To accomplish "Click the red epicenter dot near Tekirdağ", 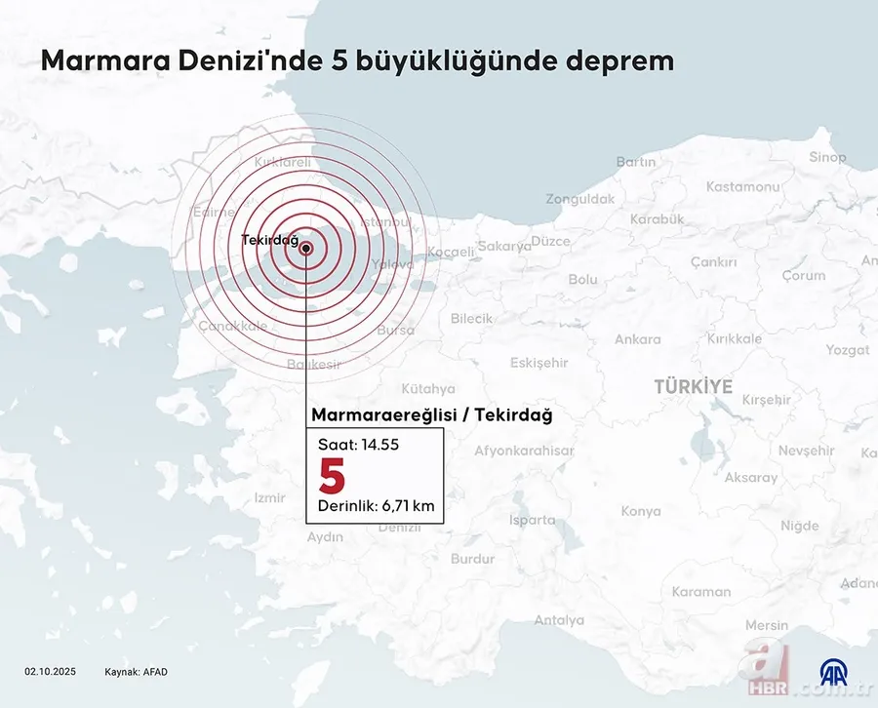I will click(x=306, y=248).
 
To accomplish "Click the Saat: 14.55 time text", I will click(x=358, y=444).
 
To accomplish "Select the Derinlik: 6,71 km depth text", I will click(x=376, y=506).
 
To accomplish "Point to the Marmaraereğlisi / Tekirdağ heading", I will click(x=431, y=415).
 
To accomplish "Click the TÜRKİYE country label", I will click(x=693, y=387).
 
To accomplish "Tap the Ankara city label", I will click(x=637, y=339).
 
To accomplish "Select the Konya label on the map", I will click(x=641, y=511).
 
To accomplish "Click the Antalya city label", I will click(x=559, y=620).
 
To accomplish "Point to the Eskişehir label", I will click(x=539, y=363).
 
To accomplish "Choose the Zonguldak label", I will click(x=580, y=199).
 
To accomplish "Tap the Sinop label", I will click(x=827, y=157).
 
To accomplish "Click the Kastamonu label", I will click(x=742, y=186).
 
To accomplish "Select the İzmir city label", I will click(x=269, y=497).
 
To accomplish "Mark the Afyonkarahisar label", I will click(x=524, y=451).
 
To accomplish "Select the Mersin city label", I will click(x=766, y=625).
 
